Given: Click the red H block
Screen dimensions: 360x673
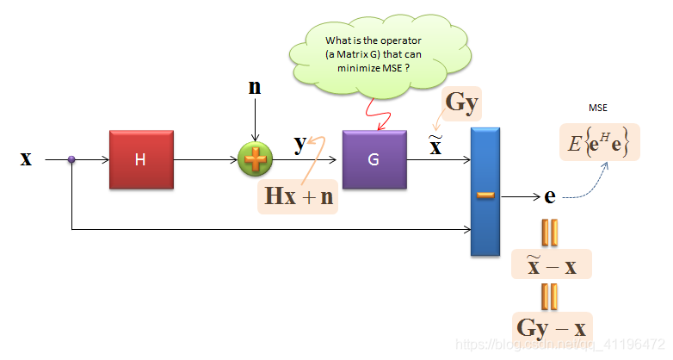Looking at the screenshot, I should pos(142,159).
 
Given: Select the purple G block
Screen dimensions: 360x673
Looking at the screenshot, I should pos(374,159).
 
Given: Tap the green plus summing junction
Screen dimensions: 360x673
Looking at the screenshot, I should pos(255,159).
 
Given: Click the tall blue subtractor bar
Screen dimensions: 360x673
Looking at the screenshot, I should pos(485,191).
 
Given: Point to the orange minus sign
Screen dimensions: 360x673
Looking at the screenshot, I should pos(485,196).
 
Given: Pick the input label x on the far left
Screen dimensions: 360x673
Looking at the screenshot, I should pos(26,158).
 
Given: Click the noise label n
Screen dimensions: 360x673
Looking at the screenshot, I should pos(255,87).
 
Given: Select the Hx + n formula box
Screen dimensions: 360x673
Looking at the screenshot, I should pos(299,196).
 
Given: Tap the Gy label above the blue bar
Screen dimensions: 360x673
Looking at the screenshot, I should pos(461,102).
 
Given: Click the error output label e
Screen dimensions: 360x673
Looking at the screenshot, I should pos(550,196).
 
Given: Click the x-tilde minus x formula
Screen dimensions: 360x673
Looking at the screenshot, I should pos(552,264).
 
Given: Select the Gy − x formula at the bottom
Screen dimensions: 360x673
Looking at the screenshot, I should pos(552,327).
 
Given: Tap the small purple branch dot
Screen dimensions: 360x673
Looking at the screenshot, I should pos(71,159).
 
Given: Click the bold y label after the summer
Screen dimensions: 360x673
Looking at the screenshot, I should pos(299,144).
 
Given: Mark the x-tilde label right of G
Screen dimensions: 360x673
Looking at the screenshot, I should pos(435,146).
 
